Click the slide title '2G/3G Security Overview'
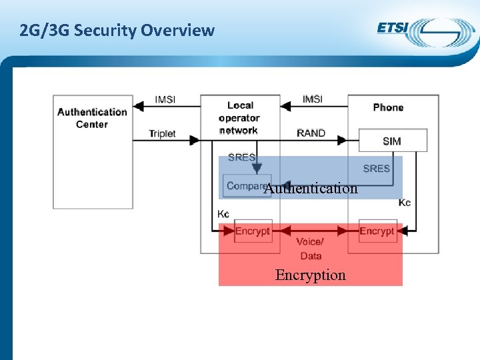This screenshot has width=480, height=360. tap(117, 30)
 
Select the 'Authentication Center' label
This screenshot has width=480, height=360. tap(92, 118)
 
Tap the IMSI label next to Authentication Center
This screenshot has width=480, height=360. tap(165, 99)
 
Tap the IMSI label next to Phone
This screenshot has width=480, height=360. tap(312, 99)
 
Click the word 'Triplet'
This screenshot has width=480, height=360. tap(162, 133)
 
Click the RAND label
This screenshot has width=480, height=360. tap(311, 133)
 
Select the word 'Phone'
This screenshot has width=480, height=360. tap(388, 107)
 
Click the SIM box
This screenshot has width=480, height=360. tap(392, 141)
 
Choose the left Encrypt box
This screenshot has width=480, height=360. tap(253, 231)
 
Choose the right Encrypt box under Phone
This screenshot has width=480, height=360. tap(377, 231)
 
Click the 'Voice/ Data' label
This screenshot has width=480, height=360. tap(311, 249)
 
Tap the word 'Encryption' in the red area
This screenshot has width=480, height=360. tap(311, 275)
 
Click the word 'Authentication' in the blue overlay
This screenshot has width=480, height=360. tap(311, 189)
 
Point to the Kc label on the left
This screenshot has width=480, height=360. tap(223, 213)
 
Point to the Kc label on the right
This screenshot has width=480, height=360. tap(405, 202)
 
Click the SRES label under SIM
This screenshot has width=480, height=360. tap(376, 169)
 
